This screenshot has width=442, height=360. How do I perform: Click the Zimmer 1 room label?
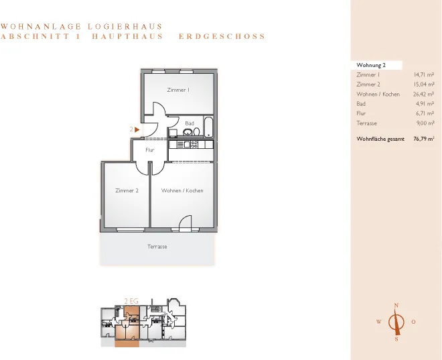[178, 90]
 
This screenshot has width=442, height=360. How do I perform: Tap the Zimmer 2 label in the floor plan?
[127, 190]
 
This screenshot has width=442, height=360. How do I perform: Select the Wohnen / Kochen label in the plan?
[182, 190]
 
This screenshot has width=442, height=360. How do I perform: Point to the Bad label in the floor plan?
[190, 123]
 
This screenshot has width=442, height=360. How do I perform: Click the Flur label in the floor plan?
[150, 150]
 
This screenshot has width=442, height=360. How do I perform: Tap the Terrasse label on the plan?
[157, 247]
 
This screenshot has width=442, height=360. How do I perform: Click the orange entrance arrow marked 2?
[137, 129]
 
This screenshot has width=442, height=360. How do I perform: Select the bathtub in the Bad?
[208, 127]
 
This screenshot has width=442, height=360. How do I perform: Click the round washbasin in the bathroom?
[188, 131]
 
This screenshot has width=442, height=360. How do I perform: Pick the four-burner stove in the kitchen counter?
[194, 144]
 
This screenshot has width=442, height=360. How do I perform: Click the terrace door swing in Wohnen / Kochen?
[186, 222]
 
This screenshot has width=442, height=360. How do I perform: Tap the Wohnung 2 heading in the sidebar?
[371, 65]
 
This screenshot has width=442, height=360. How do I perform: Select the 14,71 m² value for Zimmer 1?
[424, 75]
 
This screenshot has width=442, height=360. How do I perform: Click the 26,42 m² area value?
[423, 94]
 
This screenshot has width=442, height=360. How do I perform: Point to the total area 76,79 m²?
[424, 139]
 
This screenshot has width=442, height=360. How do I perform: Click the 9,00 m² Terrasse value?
[425, 123]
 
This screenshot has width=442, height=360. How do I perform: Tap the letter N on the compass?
[396, 305]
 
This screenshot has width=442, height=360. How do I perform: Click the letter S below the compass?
[396, 339]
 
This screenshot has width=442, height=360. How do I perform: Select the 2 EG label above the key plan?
[131, 301]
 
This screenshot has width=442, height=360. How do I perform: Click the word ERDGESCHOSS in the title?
[222, 36]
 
